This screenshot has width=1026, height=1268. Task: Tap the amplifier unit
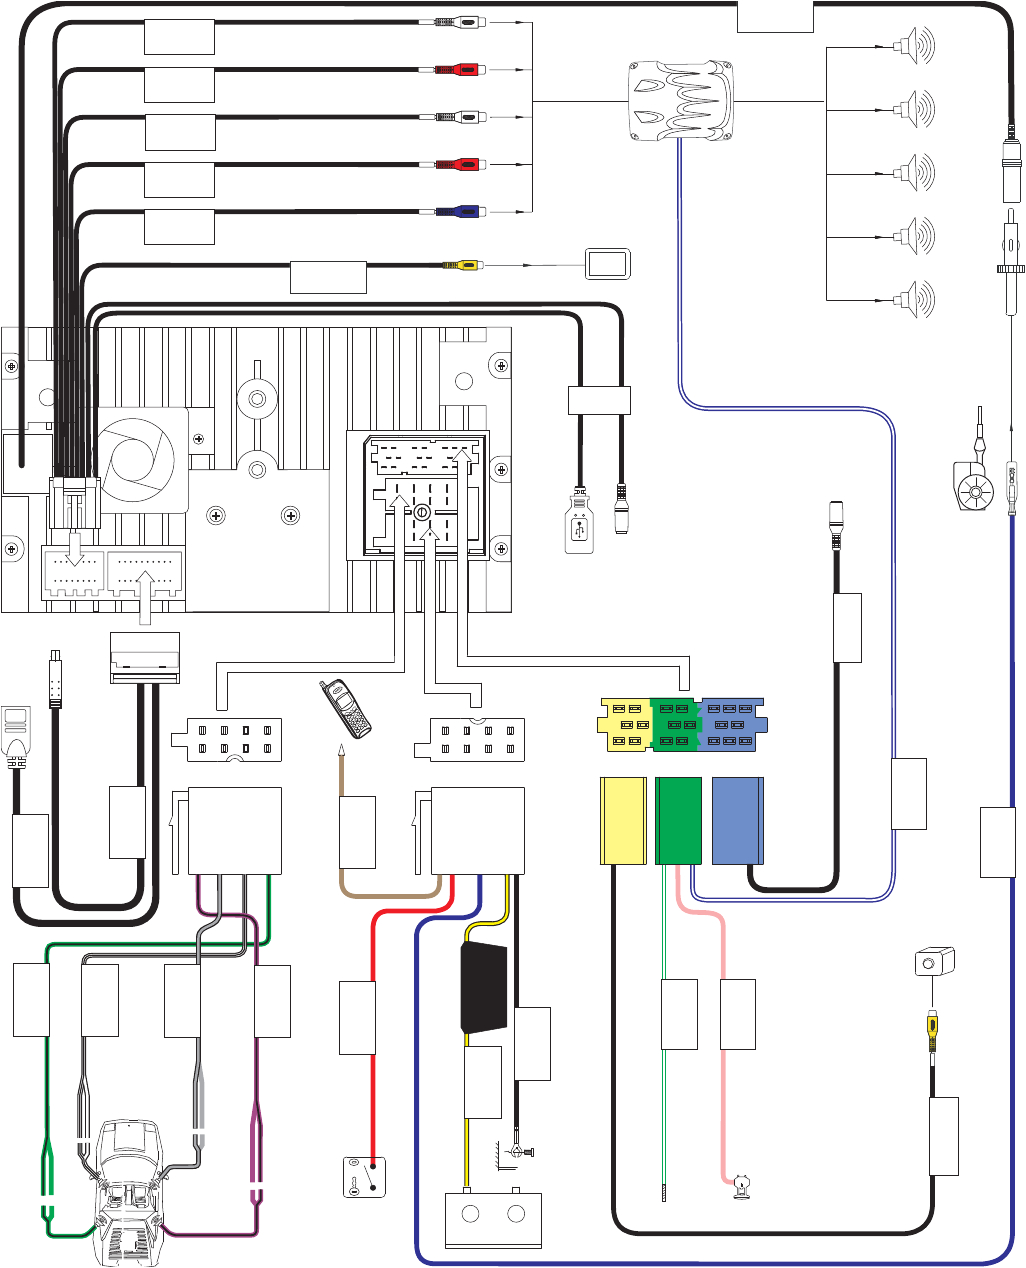[x=680, y=100]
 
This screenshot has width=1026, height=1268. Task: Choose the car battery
[x=493, y=1218]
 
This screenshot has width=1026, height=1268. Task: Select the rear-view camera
[x=935, y=962]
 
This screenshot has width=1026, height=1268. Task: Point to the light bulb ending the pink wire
[x=740, y=1186]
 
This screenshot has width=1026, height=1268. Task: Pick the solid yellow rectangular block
[x=622, y=820]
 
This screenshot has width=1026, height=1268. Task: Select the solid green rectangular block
[x=679, y=820]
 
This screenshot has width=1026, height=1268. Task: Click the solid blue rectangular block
[x=738, y=820]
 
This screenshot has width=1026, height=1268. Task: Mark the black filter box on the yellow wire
[x=483, y=987]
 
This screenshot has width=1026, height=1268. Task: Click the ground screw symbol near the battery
[x=520, y=1153]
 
